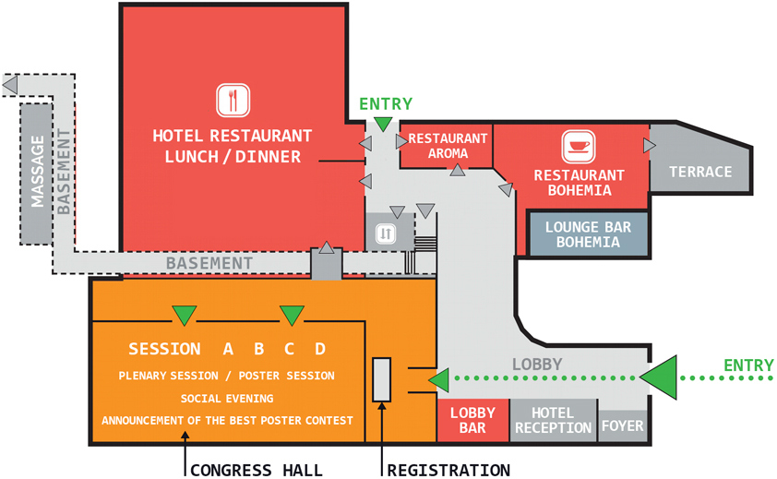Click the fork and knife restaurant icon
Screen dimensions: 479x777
coord(233,100)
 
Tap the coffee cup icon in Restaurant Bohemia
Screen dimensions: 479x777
coord(579,147)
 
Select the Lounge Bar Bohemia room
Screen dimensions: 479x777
coord(582,234)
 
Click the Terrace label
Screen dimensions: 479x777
coord(700,172)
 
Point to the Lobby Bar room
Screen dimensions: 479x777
coord(472,420)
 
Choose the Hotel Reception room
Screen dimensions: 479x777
coord(553,420)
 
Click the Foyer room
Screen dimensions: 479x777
coord(623,426)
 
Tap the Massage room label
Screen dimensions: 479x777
coord(38,172)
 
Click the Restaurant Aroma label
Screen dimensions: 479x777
coord(448,146)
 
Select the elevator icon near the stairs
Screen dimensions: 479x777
coord(386,234)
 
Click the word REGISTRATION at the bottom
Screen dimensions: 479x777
coord(448,470)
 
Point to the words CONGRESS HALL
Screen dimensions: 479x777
coord(257,470)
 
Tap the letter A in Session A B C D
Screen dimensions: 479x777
coord(228,349)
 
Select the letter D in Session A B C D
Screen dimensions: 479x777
coord(319,349)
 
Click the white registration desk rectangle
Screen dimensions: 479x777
coord(381,379)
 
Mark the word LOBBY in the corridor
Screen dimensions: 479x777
coord(536,364)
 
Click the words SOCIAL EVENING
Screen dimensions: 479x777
coord(227,398)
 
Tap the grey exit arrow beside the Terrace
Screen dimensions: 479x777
coord(649,145)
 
